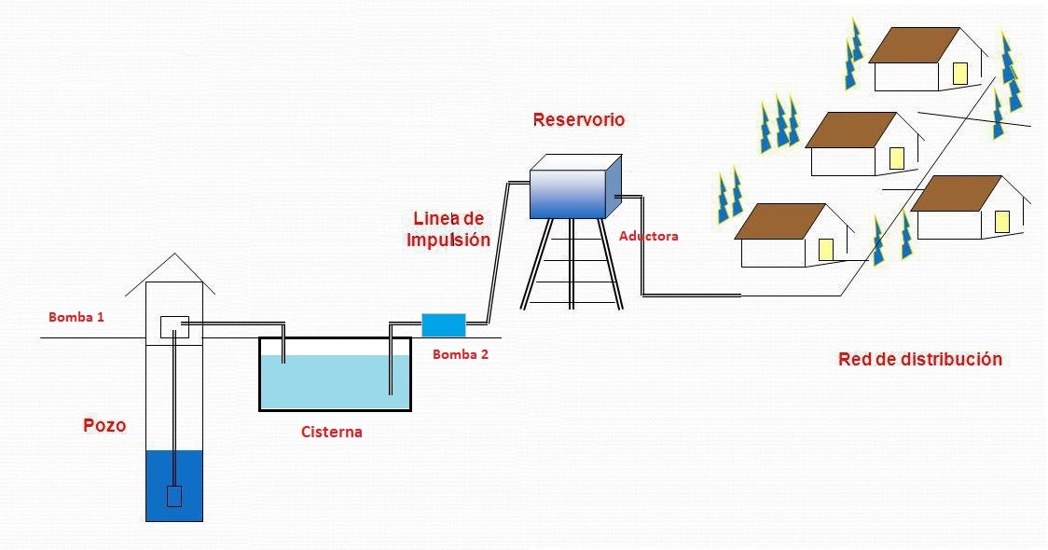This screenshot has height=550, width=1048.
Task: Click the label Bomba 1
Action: (x=76, y=317)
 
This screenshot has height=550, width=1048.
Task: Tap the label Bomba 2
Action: (x=460, y=354)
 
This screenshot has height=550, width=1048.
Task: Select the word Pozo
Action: (x=103, y=426)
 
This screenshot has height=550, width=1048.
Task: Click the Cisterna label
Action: (x=331, y=433)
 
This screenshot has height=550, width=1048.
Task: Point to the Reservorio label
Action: (x=578, y=120)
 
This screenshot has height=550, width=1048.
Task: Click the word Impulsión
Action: (x=448, y=240)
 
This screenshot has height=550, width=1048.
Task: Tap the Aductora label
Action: (x=648, y=237)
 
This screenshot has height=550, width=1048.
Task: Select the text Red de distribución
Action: (x=919, y=359)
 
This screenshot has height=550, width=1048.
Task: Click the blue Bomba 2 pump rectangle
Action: (x=443, y=324)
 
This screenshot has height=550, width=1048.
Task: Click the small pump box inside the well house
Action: (x=174, y=326)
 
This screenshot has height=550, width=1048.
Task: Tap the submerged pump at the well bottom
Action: (x=173, y=496)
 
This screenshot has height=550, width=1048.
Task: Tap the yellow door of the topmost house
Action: (x=960, y=74)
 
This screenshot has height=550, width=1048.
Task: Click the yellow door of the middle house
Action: (x=896, y=158)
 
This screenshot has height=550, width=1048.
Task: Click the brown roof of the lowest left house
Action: (x=780, y=221)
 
